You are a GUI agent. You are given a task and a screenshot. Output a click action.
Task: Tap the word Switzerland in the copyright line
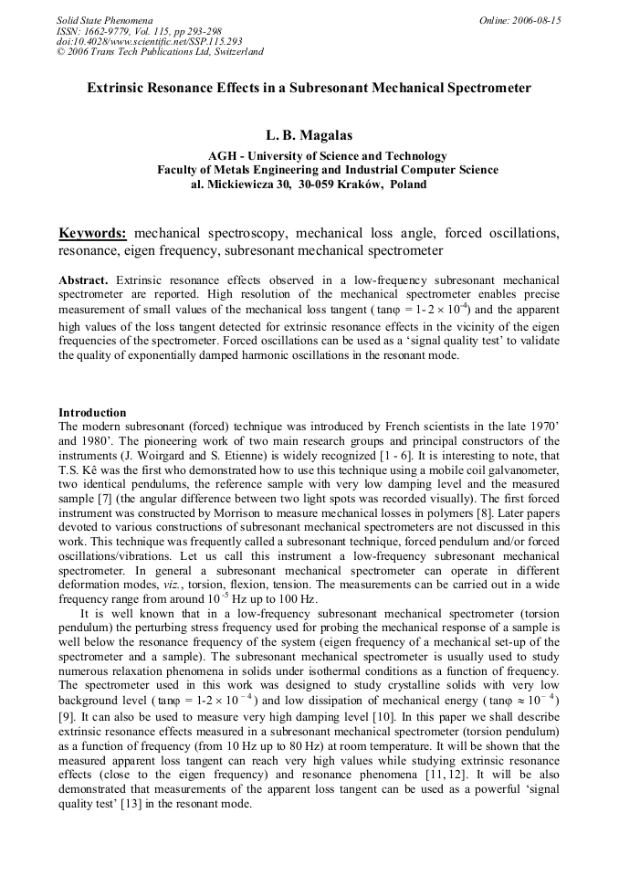point(234,52)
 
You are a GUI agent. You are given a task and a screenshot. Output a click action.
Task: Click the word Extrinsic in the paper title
point(115,90)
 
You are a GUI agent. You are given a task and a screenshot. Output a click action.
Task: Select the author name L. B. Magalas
point(309,136)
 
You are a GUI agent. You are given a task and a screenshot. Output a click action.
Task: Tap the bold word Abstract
point(83,279)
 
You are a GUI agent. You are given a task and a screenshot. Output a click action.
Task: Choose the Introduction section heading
point(92,413)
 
